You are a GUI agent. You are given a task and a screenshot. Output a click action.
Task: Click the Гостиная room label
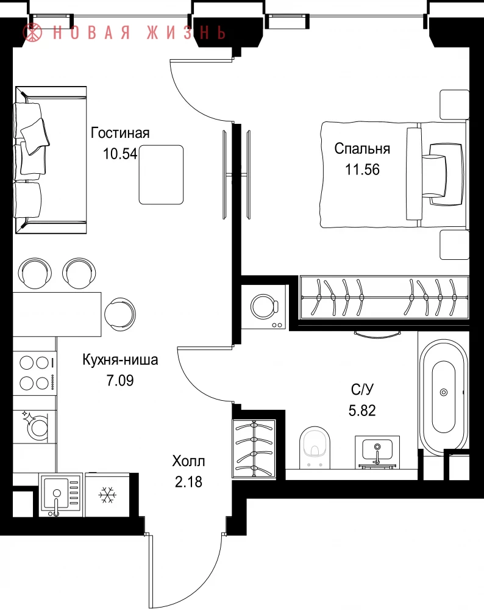pos(120,133)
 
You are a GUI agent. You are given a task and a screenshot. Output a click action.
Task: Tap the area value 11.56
pos(362,170)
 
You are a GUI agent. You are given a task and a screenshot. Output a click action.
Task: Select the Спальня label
pos(362,149)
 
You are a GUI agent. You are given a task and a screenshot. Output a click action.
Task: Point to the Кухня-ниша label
pos(120,359)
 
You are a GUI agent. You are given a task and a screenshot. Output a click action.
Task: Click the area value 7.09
pos(120,380)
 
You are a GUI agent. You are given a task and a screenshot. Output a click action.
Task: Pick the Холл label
pos(188,461)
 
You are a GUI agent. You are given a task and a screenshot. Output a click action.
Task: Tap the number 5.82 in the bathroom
pos(362,411)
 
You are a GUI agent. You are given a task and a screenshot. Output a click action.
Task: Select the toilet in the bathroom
pos(315,447)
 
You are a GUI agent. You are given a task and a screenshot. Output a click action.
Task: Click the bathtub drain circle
pos(444,392)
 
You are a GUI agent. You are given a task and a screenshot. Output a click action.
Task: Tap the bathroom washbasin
pos(377,451)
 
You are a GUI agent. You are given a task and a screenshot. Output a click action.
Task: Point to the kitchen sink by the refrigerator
pos(60,495)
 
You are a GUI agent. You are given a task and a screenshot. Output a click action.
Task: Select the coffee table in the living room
pos(162,174)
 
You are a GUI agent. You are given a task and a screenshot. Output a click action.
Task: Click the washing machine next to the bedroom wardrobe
pos(265,307)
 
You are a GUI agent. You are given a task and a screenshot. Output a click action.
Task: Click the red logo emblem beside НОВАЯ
pos(32,32)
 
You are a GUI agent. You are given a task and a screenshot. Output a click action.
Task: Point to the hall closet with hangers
pos(254,448)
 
